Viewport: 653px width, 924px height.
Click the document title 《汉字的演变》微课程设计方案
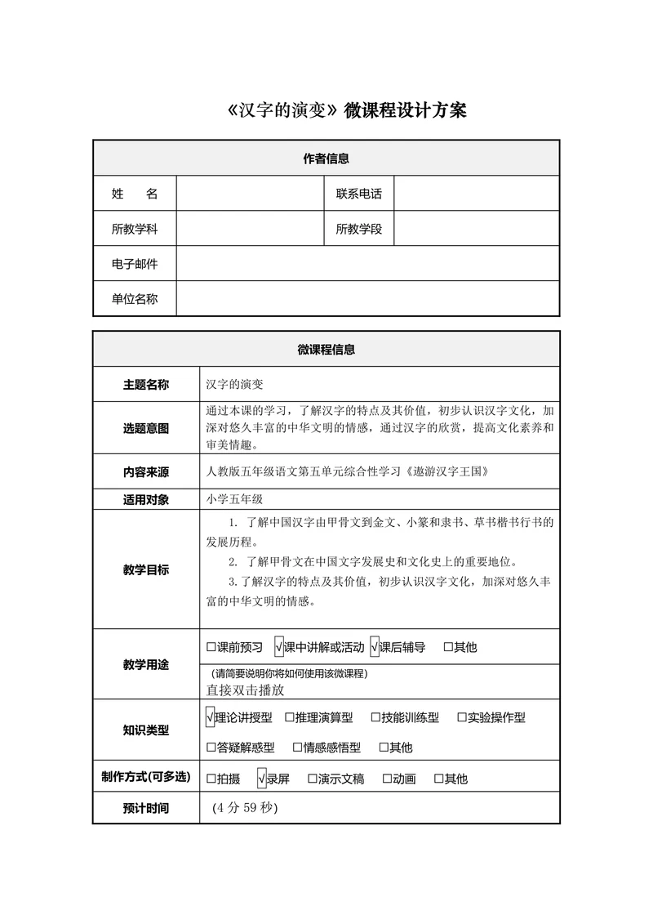coord(347,111)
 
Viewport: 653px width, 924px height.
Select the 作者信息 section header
coord(326,158)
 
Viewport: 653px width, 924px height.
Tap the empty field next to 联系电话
coord(477,194)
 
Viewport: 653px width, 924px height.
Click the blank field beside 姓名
coord(250,194)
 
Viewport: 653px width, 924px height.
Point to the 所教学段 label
coord(358,229)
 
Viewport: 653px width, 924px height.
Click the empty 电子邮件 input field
coord(367,264)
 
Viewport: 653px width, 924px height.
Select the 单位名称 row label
coord(135,299)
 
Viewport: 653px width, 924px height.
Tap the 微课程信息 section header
coord(326,350)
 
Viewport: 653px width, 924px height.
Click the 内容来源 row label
coord(146,471)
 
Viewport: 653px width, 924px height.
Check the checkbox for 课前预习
coord(211,647)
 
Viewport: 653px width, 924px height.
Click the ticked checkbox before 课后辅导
coord(375,647)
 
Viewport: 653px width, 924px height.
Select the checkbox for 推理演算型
coord(290,717)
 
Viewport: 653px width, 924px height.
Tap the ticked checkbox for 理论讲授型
coord(211,717)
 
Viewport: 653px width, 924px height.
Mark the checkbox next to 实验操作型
coord(462,717)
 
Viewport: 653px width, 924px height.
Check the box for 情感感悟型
coord(298,747)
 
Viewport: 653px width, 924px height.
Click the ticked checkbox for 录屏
coord(261,779)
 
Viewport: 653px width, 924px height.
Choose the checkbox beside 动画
coord(387,779)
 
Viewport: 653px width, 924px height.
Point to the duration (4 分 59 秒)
coord(245,807)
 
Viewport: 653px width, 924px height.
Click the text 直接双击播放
coord(245,690)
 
